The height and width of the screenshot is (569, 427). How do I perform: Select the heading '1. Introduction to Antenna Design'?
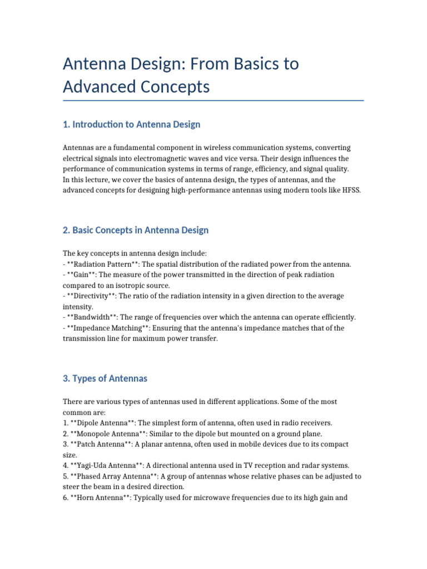tap(132, 124)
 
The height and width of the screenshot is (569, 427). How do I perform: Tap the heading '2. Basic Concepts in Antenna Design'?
tap(136, 230)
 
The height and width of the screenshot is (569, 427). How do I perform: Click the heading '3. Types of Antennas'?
tap(105, 378)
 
